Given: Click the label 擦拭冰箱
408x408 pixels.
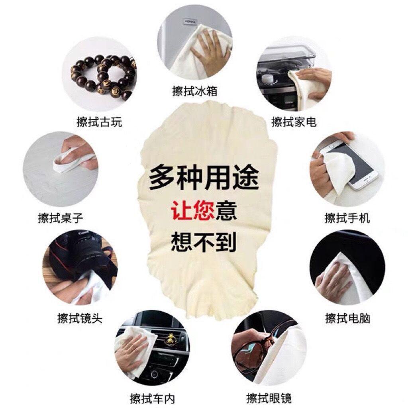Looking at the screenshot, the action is (x=194, y=91).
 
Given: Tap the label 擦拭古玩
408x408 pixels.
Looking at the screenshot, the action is (x=99, y=122).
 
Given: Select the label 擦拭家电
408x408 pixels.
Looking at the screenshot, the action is (x=294, y=122).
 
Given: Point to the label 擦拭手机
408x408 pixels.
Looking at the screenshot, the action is (x=347, y=218).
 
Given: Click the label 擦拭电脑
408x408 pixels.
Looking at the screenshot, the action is (x=347, y=318).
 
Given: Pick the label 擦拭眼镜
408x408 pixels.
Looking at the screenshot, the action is (x=269, y=398).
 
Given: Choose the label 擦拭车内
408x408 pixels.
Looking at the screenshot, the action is (x=153, y=398).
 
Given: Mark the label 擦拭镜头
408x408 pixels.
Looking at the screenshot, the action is (x=80, y=318).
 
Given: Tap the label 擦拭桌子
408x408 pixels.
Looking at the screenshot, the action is (x=61, y=218).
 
